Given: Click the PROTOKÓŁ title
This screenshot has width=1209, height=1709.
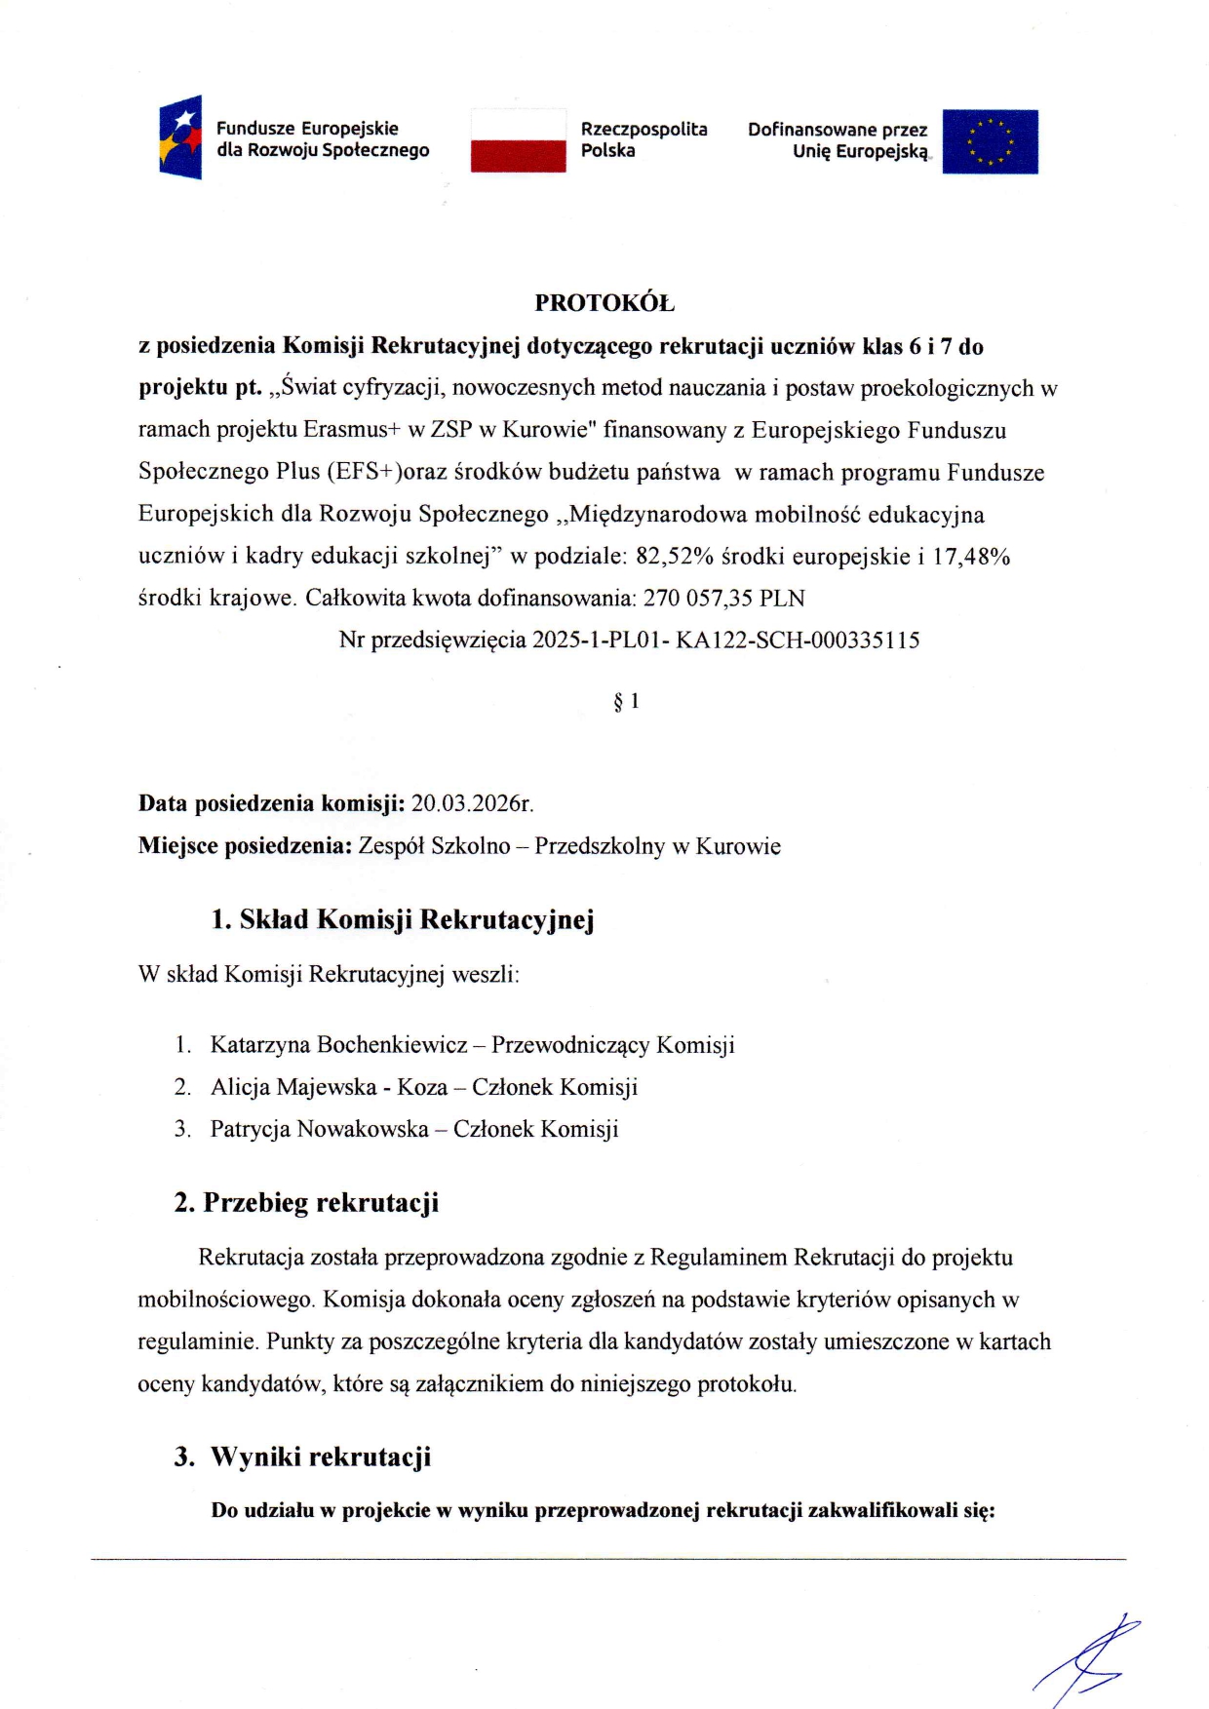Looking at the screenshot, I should pos(604,303).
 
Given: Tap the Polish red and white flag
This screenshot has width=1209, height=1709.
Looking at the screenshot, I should pos(518,140).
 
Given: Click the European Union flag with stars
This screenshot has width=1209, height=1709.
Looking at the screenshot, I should pos(990,141).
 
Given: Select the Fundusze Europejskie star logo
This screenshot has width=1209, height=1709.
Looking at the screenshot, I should pos(181,136).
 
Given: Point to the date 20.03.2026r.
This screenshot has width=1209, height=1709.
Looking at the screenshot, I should pos(472,804).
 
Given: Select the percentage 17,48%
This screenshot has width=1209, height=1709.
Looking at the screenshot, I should pos(971,557).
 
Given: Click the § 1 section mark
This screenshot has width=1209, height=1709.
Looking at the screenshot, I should pos(626,701).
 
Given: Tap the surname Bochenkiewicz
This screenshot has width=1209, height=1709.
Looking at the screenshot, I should pos(392,1045).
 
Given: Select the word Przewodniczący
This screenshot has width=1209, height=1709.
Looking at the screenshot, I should pos(570,1045).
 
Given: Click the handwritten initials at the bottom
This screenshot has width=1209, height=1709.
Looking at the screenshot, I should pos(1087,1657).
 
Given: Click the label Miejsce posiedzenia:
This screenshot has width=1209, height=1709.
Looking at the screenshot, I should pos(245,846).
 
